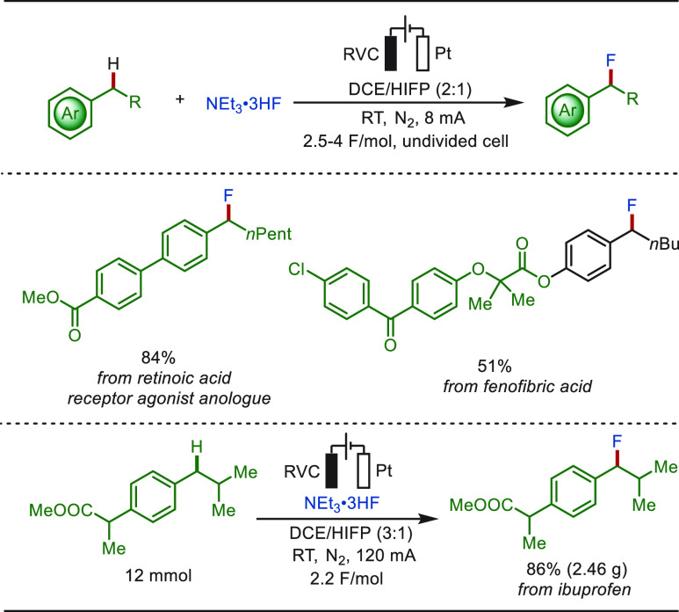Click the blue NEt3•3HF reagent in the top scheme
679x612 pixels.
[x=243, y=105]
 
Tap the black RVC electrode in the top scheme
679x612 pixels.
[x=391, y=54]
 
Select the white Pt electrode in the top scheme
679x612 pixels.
[x=423, y=54]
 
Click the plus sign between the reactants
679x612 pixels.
[x=180, y=99]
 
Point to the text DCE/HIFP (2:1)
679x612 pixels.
[x=410, y=89]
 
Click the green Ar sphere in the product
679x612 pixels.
[x=567, y=110]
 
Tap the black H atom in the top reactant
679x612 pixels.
[x=113, y=64]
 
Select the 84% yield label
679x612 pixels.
[x=158, y=358]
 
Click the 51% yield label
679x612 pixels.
[x=495, y=367]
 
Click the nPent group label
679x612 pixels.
[x=269, y=234]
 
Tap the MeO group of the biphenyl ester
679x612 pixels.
[x=40, y=297]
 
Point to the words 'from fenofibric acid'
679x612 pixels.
[x=517, y=386]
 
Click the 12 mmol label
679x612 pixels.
[x=158, y=576]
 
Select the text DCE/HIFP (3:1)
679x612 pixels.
[x=350, y=533]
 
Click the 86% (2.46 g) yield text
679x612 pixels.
[x=577, y=569]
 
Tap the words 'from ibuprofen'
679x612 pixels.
[x=574, y=589]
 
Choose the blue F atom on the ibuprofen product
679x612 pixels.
[x=617, y=441]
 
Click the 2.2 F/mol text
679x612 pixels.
[x=346, y=579]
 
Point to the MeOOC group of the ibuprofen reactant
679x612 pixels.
[x=61, y=510]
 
